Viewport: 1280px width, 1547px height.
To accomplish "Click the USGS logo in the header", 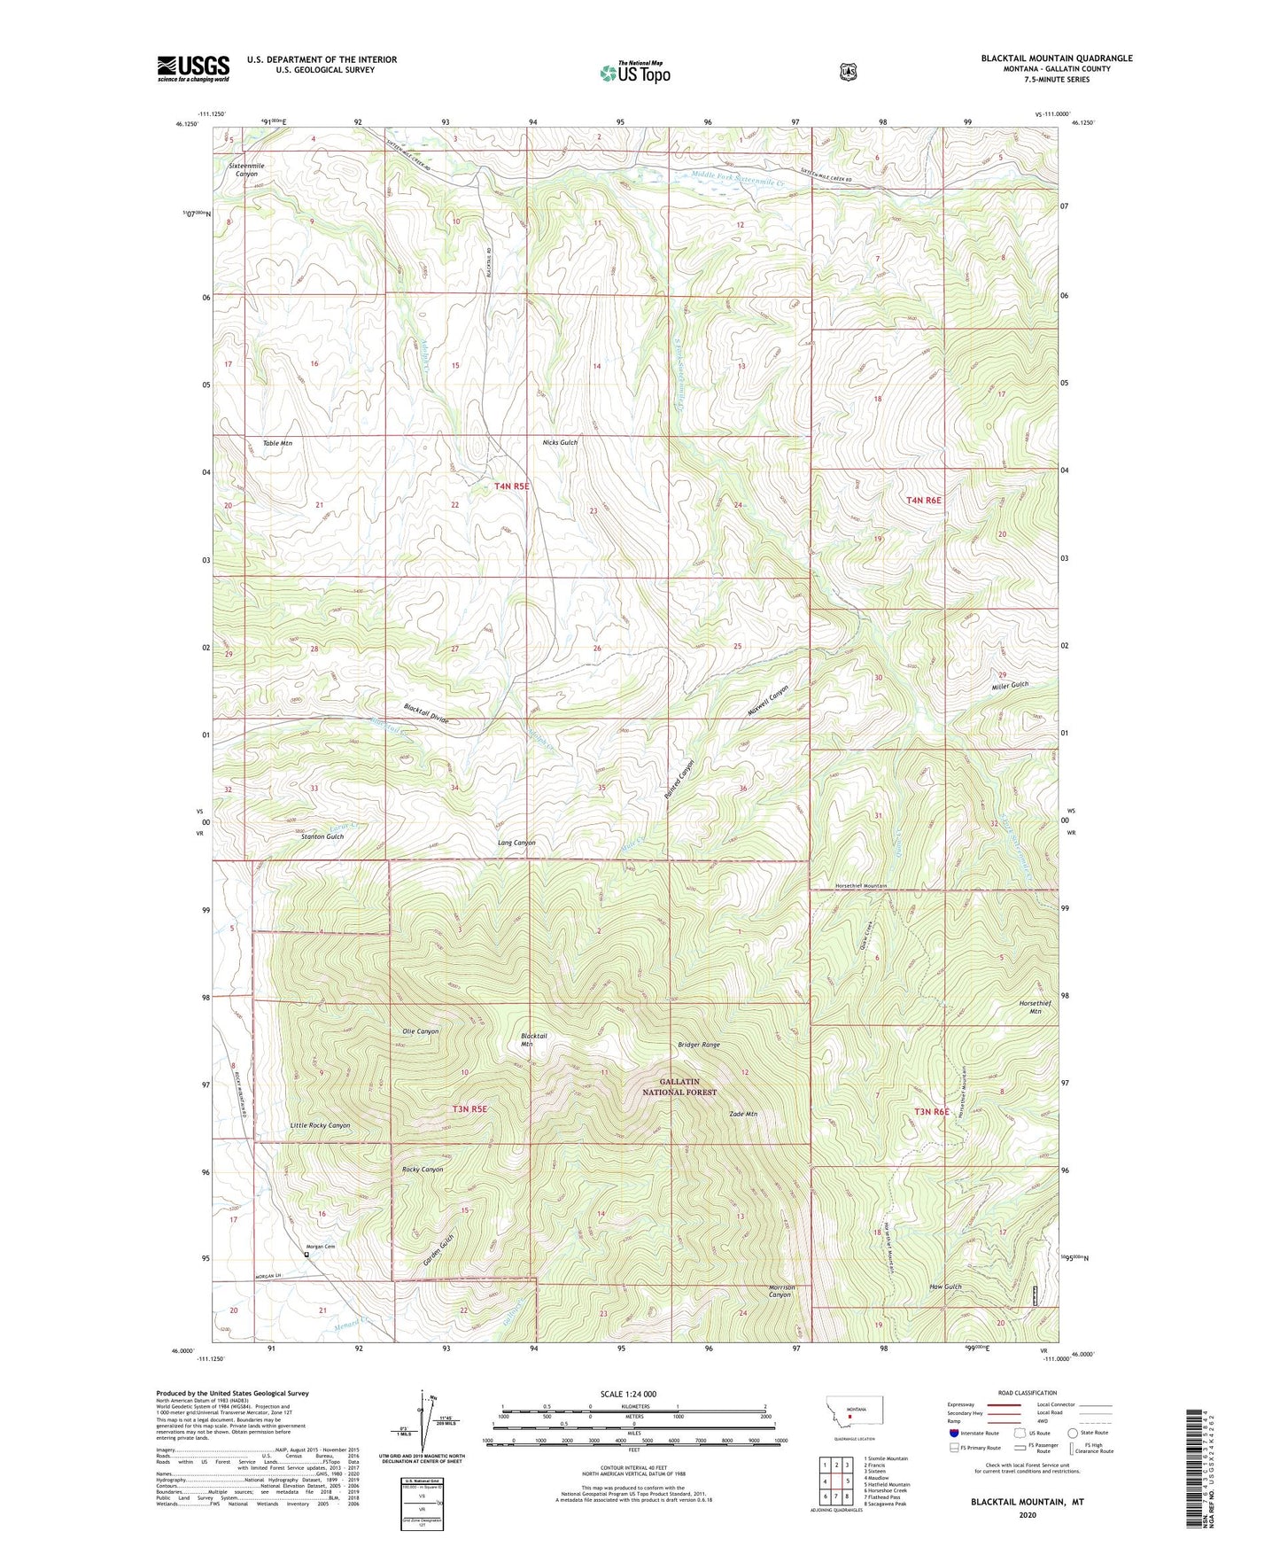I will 193,68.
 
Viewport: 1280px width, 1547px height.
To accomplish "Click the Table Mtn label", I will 277,443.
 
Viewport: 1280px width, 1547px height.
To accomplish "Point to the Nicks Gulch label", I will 560,442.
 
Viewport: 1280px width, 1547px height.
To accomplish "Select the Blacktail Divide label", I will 426,713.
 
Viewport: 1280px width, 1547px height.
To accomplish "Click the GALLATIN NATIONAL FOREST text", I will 679,1087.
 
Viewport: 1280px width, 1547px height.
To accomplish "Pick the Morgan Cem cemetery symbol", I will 306,1255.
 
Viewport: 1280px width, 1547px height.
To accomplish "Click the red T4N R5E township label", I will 511,486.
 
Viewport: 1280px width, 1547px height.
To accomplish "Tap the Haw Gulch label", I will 945,1287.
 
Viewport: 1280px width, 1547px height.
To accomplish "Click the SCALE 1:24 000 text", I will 628,1394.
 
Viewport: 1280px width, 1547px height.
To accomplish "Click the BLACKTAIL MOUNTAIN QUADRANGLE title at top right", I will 1056,58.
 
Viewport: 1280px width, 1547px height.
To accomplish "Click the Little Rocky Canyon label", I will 320,1125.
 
